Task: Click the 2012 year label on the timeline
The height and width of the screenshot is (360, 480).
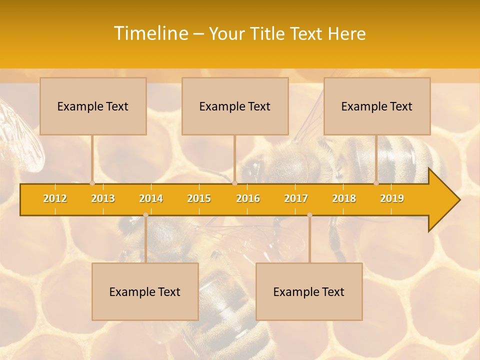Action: click(55, 199)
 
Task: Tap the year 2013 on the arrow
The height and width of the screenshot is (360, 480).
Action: click(103, 199)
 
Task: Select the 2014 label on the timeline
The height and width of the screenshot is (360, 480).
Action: click(151, 199)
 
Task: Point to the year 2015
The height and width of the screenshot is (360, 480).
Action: click(199, 199)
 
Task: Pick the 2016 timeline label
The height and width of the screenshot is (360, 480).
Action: click(248, 199)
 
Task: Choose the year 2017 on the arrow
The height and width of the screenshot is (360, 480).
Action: click(296, 199)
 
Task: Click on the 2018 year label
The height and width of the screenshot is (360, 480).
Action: click(344, 199)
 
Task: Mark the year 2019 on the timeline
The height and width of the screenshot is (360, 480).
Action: click(392, 199)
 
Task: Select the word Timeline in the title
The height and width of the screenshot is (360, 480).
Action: click(150, 33)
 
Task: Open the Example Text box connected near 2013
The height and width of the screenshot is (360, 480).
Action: click(93, 106)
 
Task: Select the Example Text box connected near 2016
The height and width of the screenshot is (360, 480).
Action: click(235, 106)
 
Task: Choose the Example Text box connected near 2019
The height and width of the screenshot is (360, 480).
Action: click(377, 106)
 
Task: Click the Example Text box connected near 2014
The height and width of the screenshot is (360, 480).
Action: click(145, 291)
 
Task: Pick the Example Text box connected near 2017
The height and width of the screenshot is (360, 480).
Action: click(309, 291)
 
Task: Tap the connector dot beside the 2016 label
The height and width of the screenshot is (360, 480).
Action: click(234, 183)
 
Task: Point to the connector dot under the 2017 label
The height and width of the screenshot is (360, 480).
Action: click(309, 215)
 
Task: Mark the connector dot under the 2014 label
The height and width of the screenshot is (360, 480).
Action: click(145, 215)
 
